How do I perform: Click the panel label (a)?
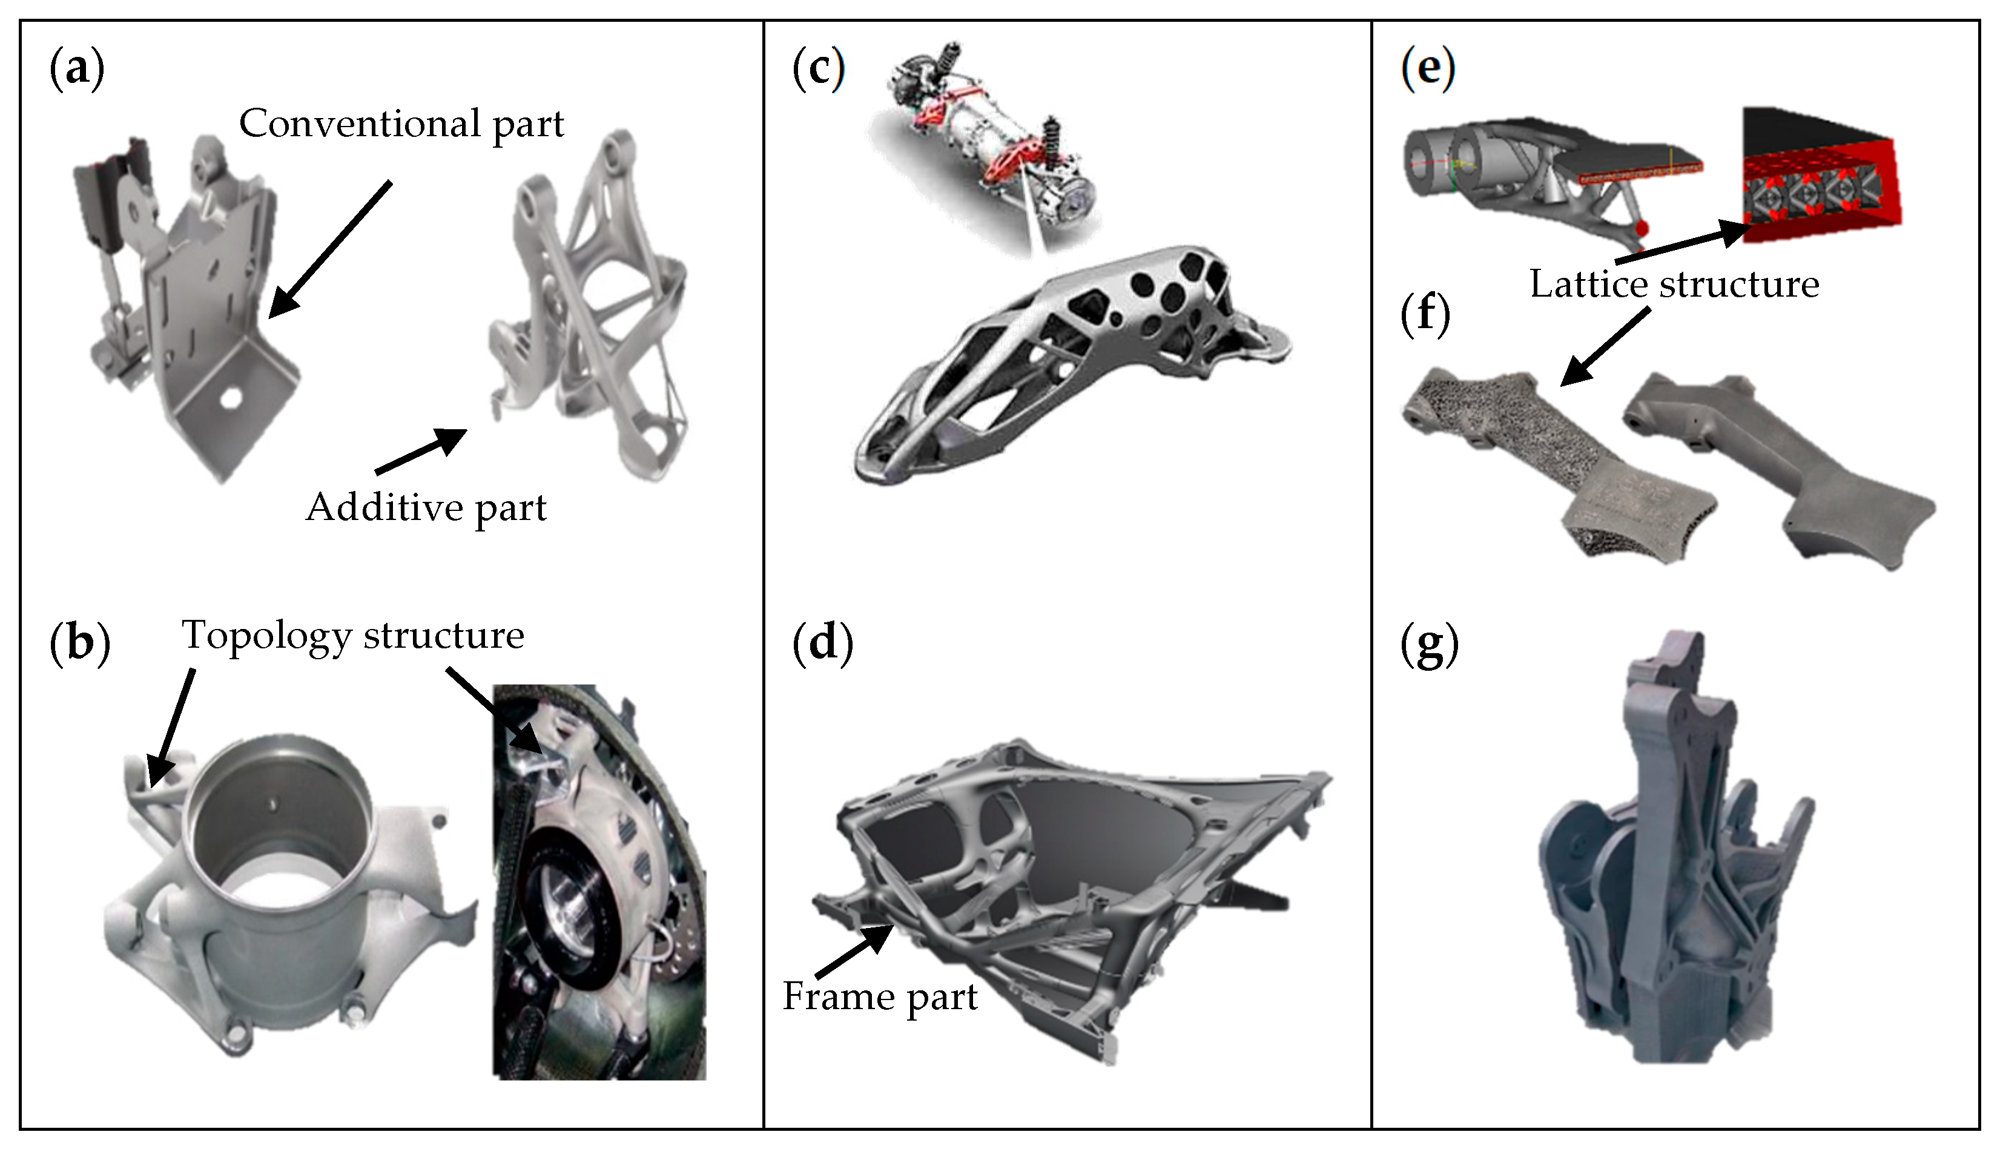pos(77,69)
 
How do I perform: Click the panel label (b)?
pos(79,642)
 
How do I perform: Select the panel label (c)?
pos(818,69)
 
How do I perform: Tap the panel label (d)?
pos(822,642)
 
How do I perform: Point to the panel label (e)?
pos(1427,69)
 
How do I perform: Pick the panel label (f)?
pos(1425,314)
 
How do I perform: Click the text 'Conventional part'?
pos(401,124)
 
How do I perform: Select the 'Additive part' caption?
pos(426,508)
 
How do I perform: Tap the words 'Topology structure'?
pos(353,636)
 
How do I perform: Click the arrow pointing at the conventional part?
pos(328,250)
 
